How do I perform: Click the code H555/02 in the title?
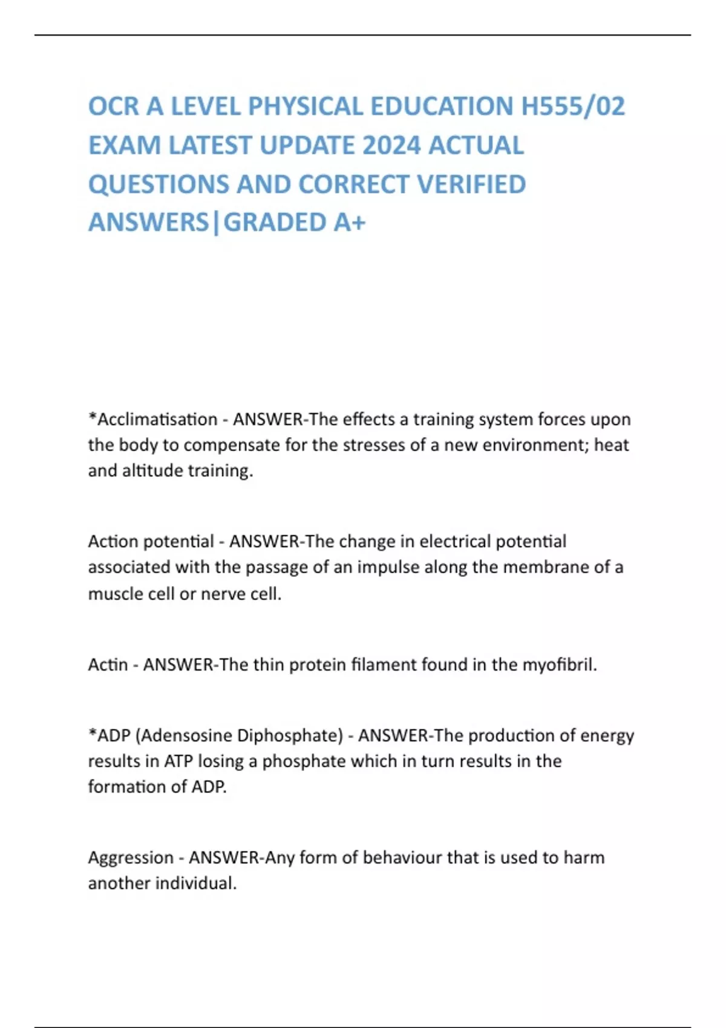[x=573, y=106]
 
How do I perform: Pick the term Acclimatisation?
[x=157, y=419]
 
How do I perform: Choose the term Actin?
[x=108, y=665]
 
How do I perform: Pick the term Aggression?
[x=131, y=857]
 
